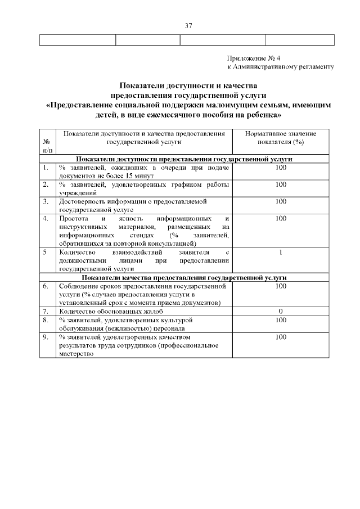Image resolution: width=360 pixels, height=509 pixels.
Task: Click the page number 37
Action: (x=188, y=25)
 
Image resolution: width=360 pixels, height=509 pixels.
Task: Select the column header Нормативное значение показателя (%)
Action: (x=281, y=138)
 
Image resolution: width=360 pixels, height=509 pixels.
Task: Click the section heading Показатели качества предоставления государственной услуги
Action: (x=184, y=277)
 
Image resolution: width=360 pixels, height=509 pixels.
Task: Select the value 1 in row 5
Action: (x=281, y=253)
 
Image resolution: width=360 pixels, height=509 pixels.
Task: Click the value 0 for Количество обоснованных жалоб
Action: (x=281, y=311)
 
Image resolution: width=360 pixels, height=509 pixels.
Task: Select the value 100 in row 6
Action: (x=281, y=286)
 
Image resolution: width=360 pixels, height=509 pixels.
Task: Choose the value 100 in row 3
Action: (x=281, y=201)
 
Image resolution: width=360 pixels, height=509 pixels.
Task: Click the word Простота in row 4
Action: (x=73, y=218)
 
